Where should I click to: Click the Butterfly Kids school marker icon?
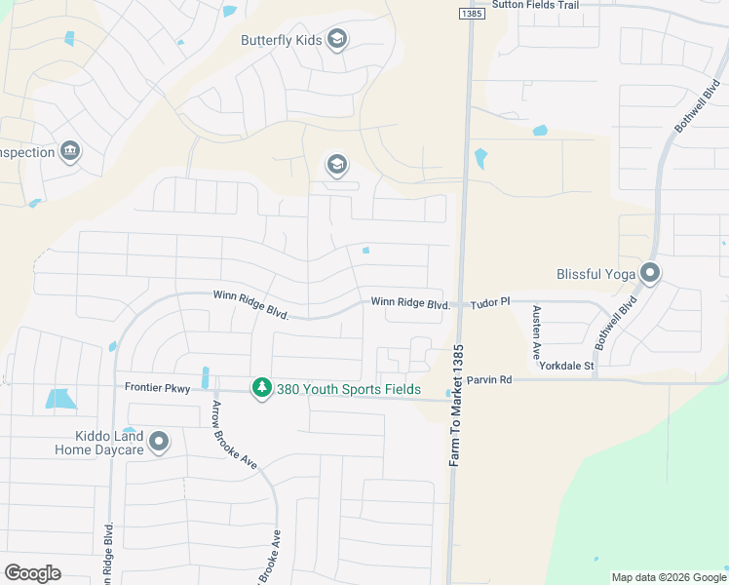(337, 40)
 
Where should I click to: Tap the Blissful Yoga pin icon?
(650, 274)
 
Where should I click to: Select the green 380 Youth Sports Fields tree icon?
(261, 389)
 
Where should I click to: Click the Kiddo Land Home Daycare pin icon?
(160, 443)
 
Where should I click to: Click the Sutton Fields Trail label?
(536, 5)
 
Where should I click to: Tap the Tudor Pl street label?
(490, 304)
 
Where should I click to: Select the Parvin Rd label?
(488, 379)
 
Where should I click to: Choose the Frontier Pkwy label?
(157, 387)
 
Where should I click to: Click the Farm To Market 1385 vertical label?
(454, 404)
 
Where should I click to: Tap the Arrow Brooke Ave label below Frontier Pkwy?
(235, 435)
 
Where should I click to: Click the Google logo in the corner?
(32, 573)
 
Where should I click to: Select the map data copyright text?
(668, 578)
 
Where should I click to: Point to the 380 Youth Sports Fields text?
(349, 389)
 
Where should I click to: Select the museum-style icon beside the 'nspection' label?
(70, 151)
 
